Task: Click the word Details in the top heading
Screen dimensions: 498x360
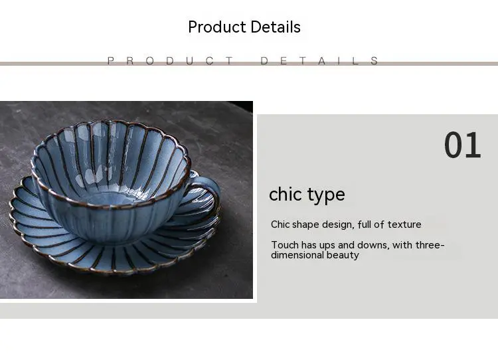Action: (x=276, y=27)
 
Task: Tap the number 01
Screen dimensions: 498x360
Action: (x=462, y=145)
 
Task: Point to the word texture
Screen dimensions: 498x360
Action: (x=404, y=225)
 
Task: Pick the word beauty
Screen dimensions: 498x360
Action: (x=343, y=255)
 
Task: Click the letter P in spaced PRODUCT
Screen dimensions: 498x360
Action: (x=110, y=60)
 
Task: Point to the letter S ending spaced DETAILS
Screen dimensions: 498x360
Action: (x=374, y=60)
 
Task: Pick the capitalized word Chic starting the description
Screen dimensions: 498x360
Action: (x=280, y=225)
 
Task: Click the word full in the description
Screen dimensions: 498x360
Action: (x=364, y=225)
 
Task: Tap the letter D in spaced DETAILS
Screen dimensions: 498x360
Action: (x=264, y=60)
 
